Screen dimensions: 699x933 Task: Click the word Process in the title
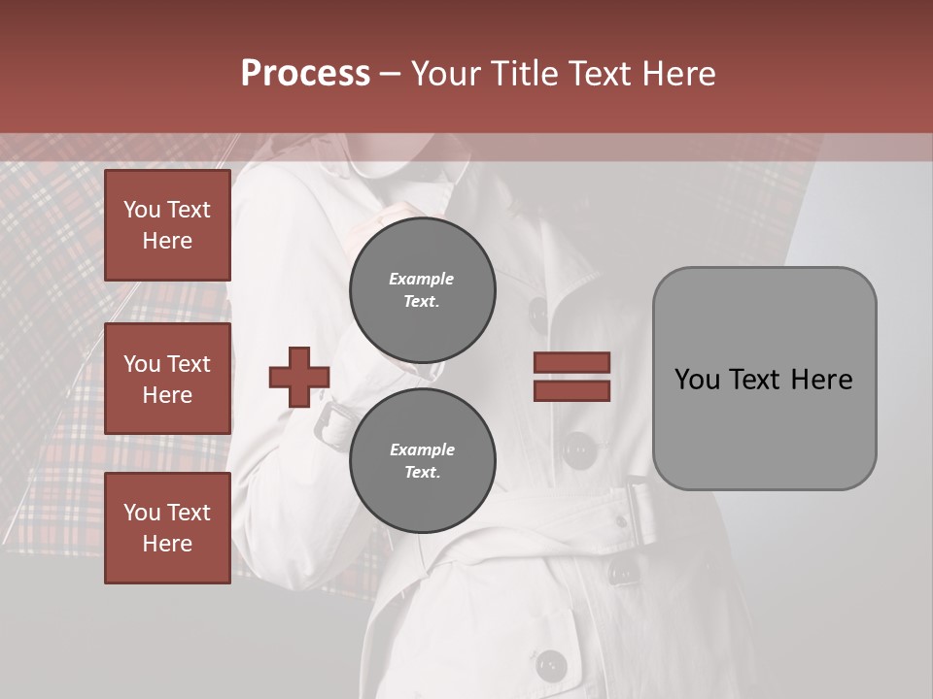click(305, 73)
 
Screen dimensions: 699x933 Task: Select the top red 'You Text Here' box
click(167, 225)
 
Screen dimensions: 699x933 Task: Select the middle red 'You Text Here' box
click(167, 379)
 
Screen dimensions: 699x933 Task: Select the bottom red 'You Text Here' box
click(167, 528)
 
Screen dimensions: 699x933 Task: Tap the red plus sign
click(299, 377)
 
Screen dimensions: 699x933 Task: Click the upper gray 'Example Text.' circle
click(423, 290)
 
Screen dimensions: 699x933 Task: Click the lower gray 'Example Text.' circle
click(423, 461)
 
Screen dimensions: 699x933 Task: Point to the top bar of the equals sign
click(571, 363)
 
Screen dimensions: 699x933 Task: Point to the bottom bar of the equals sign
click(571, 390)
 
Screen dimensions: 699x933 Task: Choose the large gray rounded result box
click(764, 379)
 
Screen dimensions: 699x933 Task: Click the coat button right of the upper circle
click(537, 312)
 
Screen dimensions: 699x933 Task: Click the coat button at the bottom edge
click(552, 666)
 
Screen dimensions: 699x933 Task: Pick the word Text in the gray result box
click(764, 379)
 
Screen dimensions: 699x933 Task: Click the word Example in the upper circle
click(421, 279)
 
